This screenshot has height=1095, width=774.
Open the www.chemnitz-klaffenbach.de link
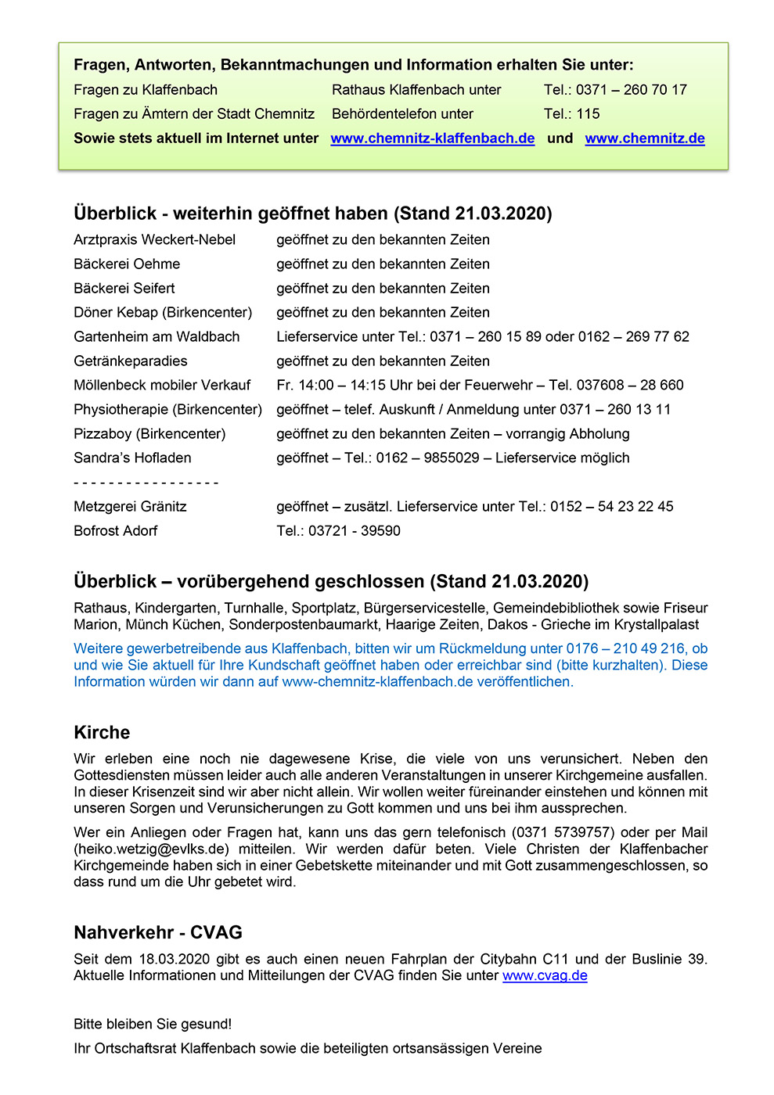click(432, 138)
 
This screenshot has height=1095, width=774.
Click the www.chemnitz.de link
click(644, 138)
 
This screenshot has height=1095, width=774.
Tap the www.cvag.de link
click(545, 975)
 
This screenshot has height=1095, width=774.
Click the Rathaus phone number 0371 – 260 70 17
click(631, 90)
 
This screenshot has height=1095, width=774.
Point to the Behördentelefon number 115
click(588, 114)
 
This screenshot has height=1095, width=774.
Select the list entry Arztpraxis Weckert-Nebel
click(154, 240)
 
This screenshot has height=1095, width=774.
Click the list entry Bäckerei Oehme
click(127, 264)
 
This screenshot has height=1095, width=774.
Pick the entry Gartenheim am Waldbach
click(157, 337)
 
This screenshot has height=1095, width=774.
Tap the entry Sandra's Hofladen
click(132, 458)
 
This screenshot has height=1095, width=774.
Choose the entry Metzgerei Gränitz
click(130, 507)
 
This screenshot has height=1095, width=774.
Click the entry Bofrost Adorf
click(115, 531)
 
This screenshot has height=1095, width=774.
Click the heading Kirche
click(102, 733)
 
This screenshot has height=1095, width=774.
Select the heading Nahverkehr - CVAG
click(158, 932)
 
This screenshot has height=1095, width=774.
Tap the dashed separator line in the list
click(146, 483)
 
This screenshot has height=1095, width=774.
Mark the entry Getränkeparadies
click(131, 361)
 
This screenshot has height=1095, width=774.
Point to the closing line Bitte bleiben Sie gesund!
click(153, 1025)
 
